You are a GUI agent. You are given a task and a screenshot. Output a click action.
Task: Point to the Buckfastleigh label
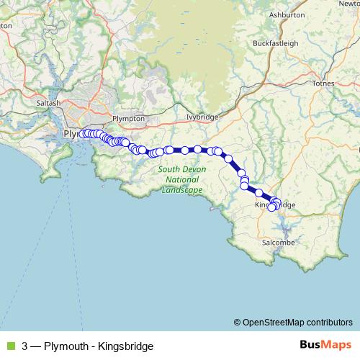(x=275, y=43)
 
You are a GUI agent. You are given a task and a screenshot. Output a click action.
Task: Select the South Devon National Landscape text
(x=179, y=179)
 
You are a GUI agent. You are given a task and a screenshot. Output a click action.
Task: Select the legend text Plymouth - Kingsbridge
(x=99, y=346)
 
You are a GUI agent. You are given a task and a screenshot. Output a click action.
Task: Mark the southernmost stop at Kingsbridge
(x=272, y=208)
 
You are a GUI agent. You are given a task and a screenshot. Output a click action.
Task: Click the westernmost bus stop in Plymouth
(x=83, y=133)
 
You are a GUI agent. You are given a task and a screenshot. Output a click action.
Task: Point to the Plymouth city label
(x=72, y=134)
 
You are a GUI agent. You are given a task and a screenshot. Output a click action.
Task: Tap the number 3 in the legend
(x=25, y=346)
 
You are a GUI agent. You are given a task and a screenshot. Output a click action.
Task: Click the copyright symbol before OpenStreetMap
(x=238, y=322)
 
